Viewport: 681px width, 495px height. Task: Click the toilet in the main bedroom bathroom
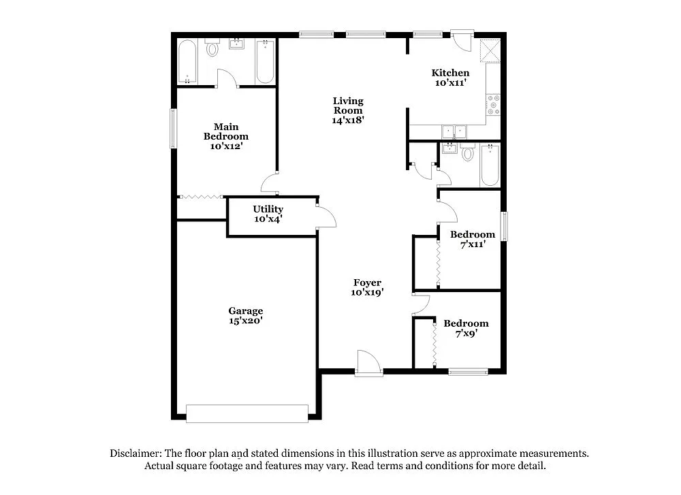pos(212,48)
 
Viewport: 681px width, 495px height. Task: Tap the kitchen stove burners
pos(493,106)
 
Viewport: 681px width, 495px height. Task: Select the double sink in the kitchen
pos(453,131)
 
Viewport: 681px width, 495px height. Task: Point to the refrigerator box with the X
pos(489,50)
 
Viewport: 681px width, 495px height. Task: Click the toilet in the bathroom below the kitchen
pos(467,153)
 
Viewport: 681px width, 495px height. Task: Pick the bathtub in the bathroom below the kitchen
pos(490,165)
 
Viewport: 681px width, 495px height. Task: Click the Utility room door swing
pos(326,216)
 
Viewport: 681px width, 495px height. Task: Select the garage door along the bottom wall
pos(247,413)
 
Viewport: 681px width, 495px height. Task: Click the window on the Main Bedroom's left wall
pos(173,128)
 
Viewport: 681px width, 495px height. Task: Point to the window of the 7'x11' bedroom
pos(505,227)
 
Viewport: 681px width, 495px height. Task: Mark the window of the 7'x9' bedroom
pos(469,371)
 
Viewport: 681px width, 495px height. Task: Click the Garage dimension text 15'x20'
pos(246,321)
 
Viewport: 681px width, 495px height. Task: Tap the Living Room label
pos(348,106)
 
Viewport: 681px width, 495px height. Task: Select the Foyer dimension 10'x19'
pos(368,292)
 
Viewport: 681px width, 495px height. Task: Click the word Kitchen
pos(450,73)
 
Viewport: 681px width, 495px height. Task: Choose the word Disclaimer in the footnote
pos(136,453)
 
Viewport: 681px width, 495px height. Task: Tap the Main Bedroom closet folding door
pos(202,197)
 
